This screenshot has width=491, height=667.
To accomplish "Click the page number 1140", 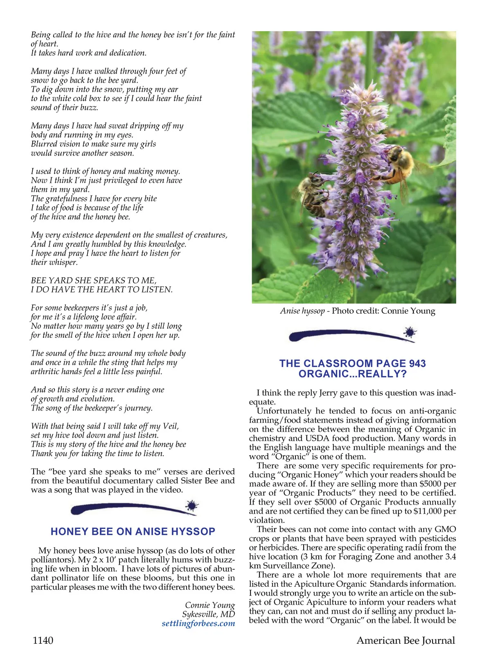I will pos(43,640).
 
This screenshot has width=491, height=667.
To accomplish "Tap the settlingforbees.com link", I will pos(198,624).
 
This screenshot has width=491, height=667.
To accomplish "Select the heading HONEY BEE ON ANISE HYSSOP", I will pos(133,532).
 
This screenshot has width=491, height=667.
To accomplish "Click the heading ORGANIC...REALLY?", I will pos(352,374).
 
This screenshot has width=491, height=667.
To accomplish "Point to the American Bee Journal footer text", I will pos(405,640).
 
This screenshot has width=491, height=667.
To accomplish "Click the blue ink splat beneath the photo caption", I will pos(410,333).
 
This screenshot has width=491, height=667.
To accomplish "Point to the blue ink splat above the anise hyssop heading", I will pos(191,506).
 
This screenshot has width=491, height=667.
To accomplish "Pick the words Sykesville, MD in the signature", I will pos(209,614).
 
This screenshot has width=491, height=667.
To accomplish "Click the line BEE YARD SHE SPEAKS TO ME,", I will pos(94,281).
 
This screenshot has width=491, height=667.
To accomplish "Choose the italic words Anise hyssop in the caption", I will pos(302,311).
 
